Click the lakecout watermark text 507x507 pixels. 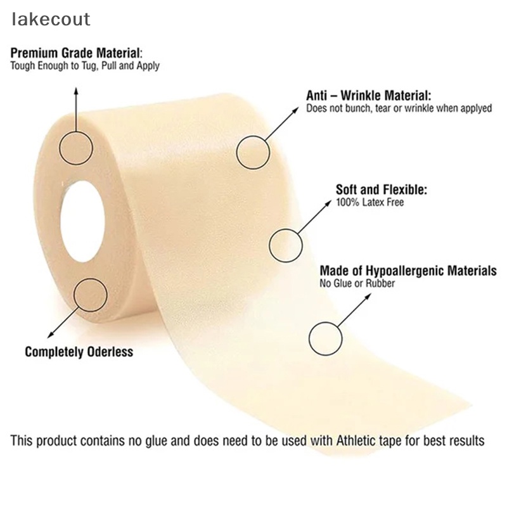51,19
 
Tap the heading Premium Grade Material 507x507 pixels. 76,53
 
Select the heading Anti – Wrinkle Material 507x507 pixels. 369,96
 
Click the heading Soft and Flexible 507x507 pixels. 382,189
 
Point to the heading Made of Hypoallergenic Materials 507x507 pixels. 408,271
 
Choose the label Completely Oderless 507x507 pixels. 79,352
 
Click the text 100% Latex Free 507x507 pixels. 370,202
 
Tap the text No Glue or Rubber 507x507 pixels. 357,283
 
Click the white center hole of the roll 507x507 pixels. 82,221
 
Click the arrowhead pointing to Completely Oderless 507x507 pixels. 50,336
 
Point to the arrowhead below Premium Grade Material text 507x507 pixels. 76,91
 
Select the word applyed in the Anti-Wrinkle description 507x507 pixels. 477,108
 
